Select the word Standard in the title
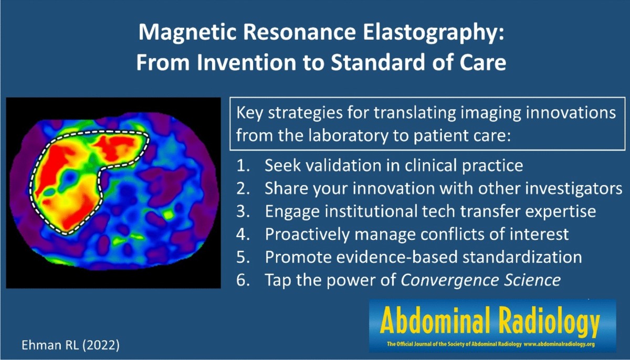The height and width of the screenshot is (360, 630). (377, 62)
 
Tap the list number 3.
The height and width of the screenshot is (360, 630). (243, 211)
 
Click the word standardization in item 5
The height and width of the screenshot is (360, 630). (522, 257)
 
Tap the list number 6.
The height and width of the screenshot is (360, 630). (243, 280)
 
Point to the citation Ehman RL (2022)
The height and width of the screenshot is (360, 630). (70, 345)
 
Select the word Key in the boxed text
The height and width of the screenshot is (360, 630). (249, 113)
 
